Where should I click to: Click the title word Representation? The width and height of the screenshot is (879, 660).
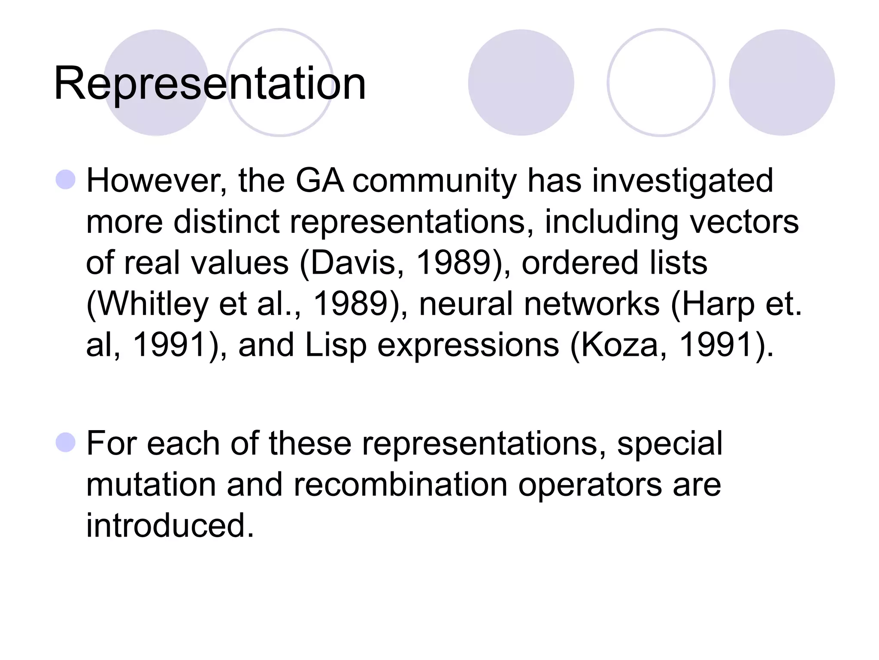[x=210, y=84]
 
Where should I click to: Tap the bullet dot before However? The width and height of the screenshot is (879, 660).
[x=66, y=180]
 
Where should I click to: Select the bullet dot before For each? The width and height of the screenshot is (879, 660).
[x=66, y=443]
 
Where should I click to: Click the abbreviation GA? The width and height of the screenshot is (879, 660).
[x=320, y=180]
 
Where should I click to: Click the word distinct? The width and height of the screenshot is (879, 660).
[x=226, y=222]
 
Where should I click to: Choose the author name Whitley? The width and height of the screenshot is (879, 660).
[x=148, y=304]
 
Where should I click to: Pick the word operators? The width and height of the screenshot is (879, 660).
[x=590, y=485]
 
